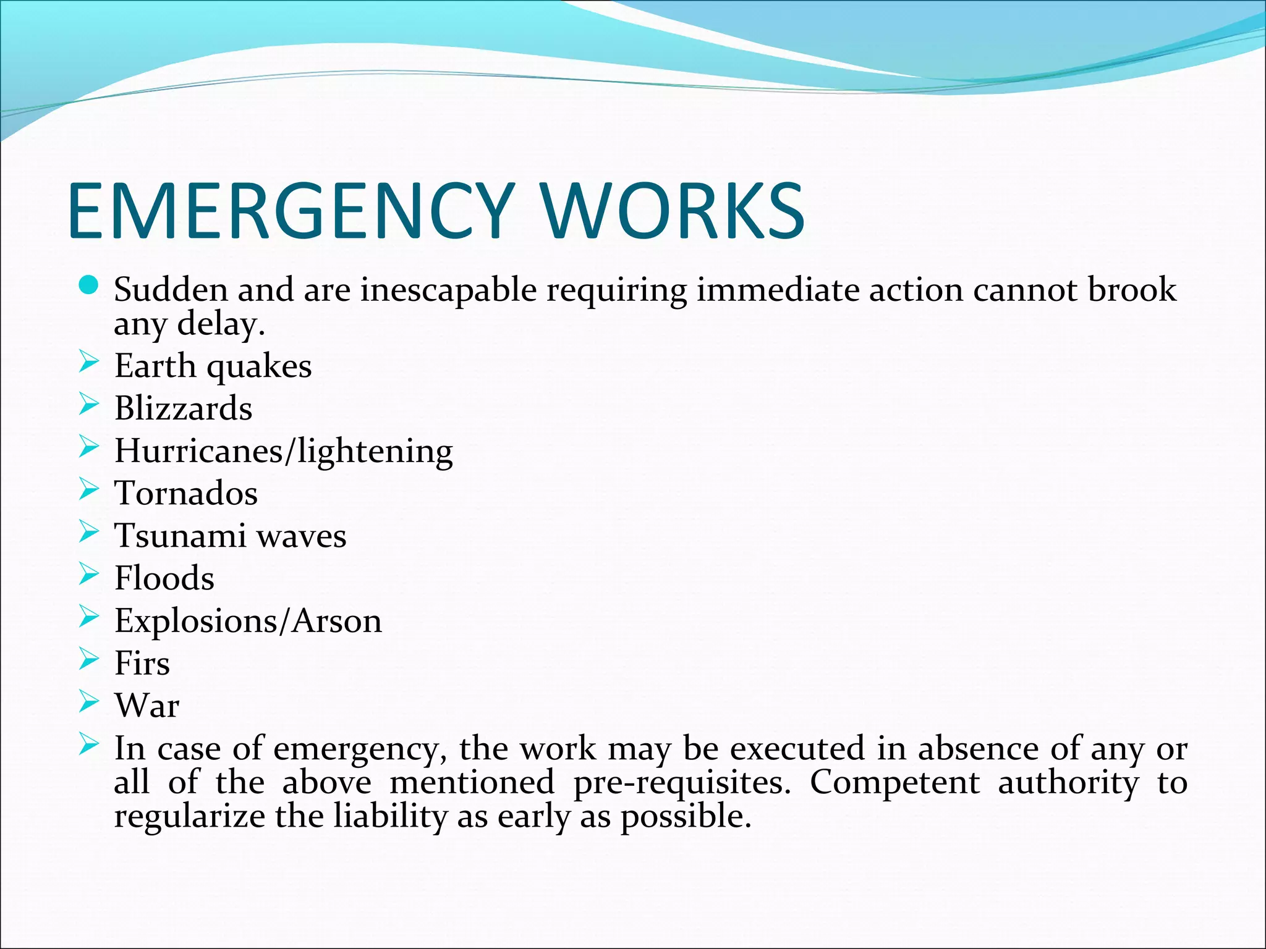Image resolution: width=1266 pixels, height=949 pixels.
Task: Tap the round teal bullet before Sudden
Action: coord(89,285)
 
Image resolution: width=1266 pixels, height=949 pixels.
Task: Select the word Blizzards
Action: coord(184,408)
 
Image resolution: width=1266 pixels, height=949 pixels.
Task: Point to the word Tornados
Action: coord(186,494)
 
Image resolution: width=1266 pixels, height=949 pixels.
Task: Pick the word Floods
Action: coord(164,578)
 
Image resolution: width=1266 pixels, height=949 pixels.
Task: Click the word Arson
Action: coord(337,621)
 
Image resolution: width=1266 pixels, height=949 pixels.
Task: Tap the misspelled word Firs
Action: coord(142,664)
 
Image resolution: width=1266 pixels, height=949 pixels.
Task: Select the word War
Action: coord(147,706)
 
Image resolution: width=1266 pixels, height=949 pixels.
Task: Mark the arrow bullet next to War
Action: coord(89,702)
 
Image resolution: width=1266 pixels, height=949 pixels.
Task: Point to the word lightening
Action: coord(375,452)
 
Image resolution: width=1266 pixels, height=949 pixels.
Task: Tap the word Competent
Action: coord(894,783)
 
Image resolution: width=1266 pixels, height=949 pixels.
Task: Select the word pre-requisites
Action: coord(682,784)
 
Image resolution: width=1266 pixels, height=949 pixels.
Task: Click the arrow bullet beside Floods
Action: coord(89,575)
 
